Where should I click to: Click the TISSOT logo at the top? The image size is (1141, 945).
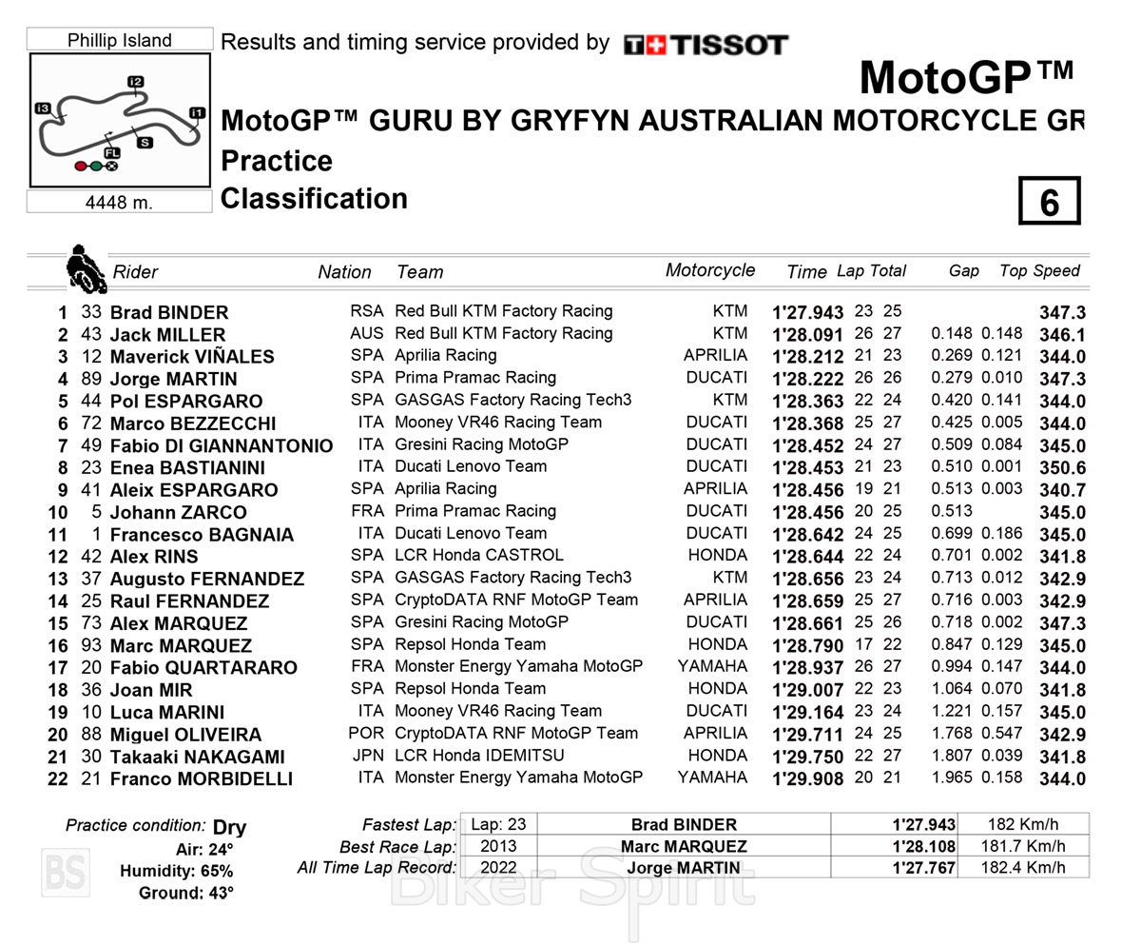[706, 45]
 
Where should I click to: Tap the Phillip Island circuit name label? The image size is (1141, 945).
[120, 40]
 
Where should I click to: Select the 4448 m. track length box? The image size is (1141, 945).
[119, 202]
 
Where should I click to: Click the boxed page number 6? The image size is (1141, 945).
[1049, 201]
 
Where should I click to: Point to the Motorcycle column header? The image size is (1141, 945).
[710, 270]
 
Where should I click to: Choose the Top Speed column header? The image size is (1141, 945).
[1039, 271]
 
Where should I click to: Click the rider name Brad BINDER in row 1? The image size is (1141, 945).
[169, 312]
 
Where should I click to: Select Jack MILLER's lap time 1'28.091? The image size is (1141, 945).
[808, 335]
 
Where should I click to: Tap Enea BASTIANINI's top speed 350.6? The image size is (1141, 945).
[1062, 468]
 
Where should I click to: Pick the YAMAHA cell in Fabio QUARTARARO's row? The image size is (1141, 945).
[713, 666]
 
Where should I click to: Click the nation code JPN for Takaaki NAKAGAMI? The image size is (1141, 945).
[368, 756]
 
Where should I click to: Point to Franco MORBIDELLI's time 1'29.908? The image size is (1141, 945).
[808, 778]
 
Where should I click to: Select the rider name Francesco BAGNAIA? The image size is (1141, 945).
[202, 535]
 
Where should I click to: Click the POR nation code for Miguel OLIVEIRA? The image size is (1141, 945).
[367, 733]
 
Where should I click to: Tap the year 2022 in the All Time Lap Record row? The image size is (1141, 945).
[498, 867]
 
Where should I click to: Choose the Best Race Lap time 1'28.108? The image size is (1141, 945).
[923, 846]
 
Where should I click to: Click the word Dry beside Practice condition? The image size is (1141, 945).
[229, 827]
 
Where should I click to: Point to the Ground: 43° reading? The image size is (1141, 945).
[186, 893]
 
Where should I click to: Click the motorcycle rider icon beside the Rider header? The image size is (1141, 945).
[86, 268]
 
